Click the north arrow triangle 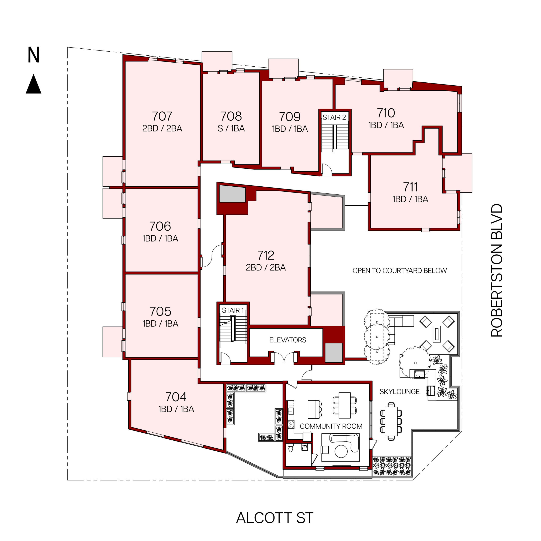pyautogui.click(x=34, y=84)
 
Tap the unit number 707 pyautogui.click(x=162, y=116)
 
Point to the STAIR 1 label pyautogui.click(x=233, y=310)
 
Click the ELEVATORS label pyautogui.click(x=288, y=340)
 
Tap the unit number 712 pyautogui.click(x=266, y=255)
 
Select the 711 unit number pyautogui.click(x=410, y=187)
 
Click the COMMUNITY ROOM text pyautogui.click(x=331, y=426)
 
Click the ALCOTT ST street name pyautogui.click(x=275, y=518)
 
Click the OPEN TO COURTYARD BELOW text pyautogui.click(x=400, y=270)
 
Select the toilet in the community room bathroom pyautogui.click(x=291, y=448)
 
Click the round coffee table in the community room pyautogui.click(x=341, y=451)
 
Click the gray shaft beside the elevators pyautogui.click(x=333, y=352)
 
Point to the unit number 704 pyautogui.click(x=176, y=397)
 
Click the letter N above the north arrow pyautogui.click(x=33, y=55)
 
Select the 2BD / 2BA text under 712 pyautogui.click(x=266, y=267)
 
